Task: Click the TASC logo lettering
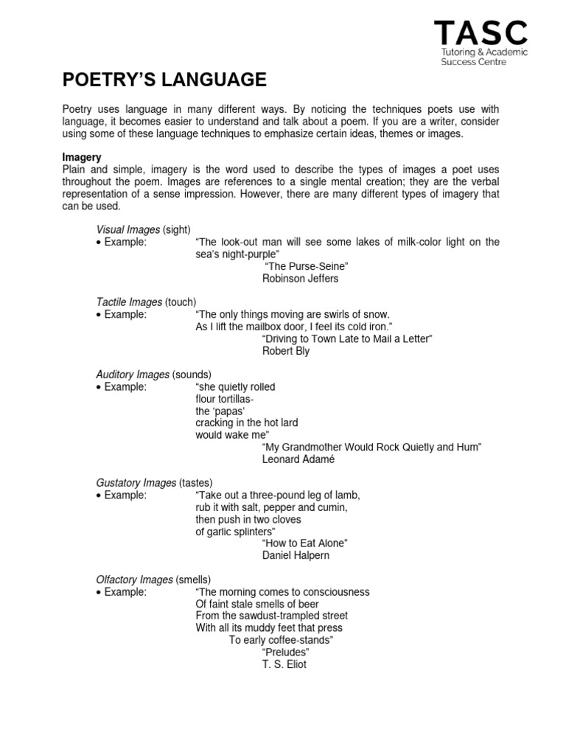481,32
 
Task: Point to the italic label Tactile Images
129,302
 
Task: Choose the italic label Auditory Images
133,375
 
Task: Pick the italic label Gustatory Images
136,483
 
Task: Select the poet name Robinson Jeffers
301,279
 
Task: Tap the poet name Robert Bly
286,351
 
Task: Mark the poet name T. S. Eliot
284,664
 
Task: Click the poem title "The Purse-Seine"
305,266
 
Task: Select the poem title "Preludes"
285,652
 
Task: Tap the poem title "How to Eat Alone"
304,543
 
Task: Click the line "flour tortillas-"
224,399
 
